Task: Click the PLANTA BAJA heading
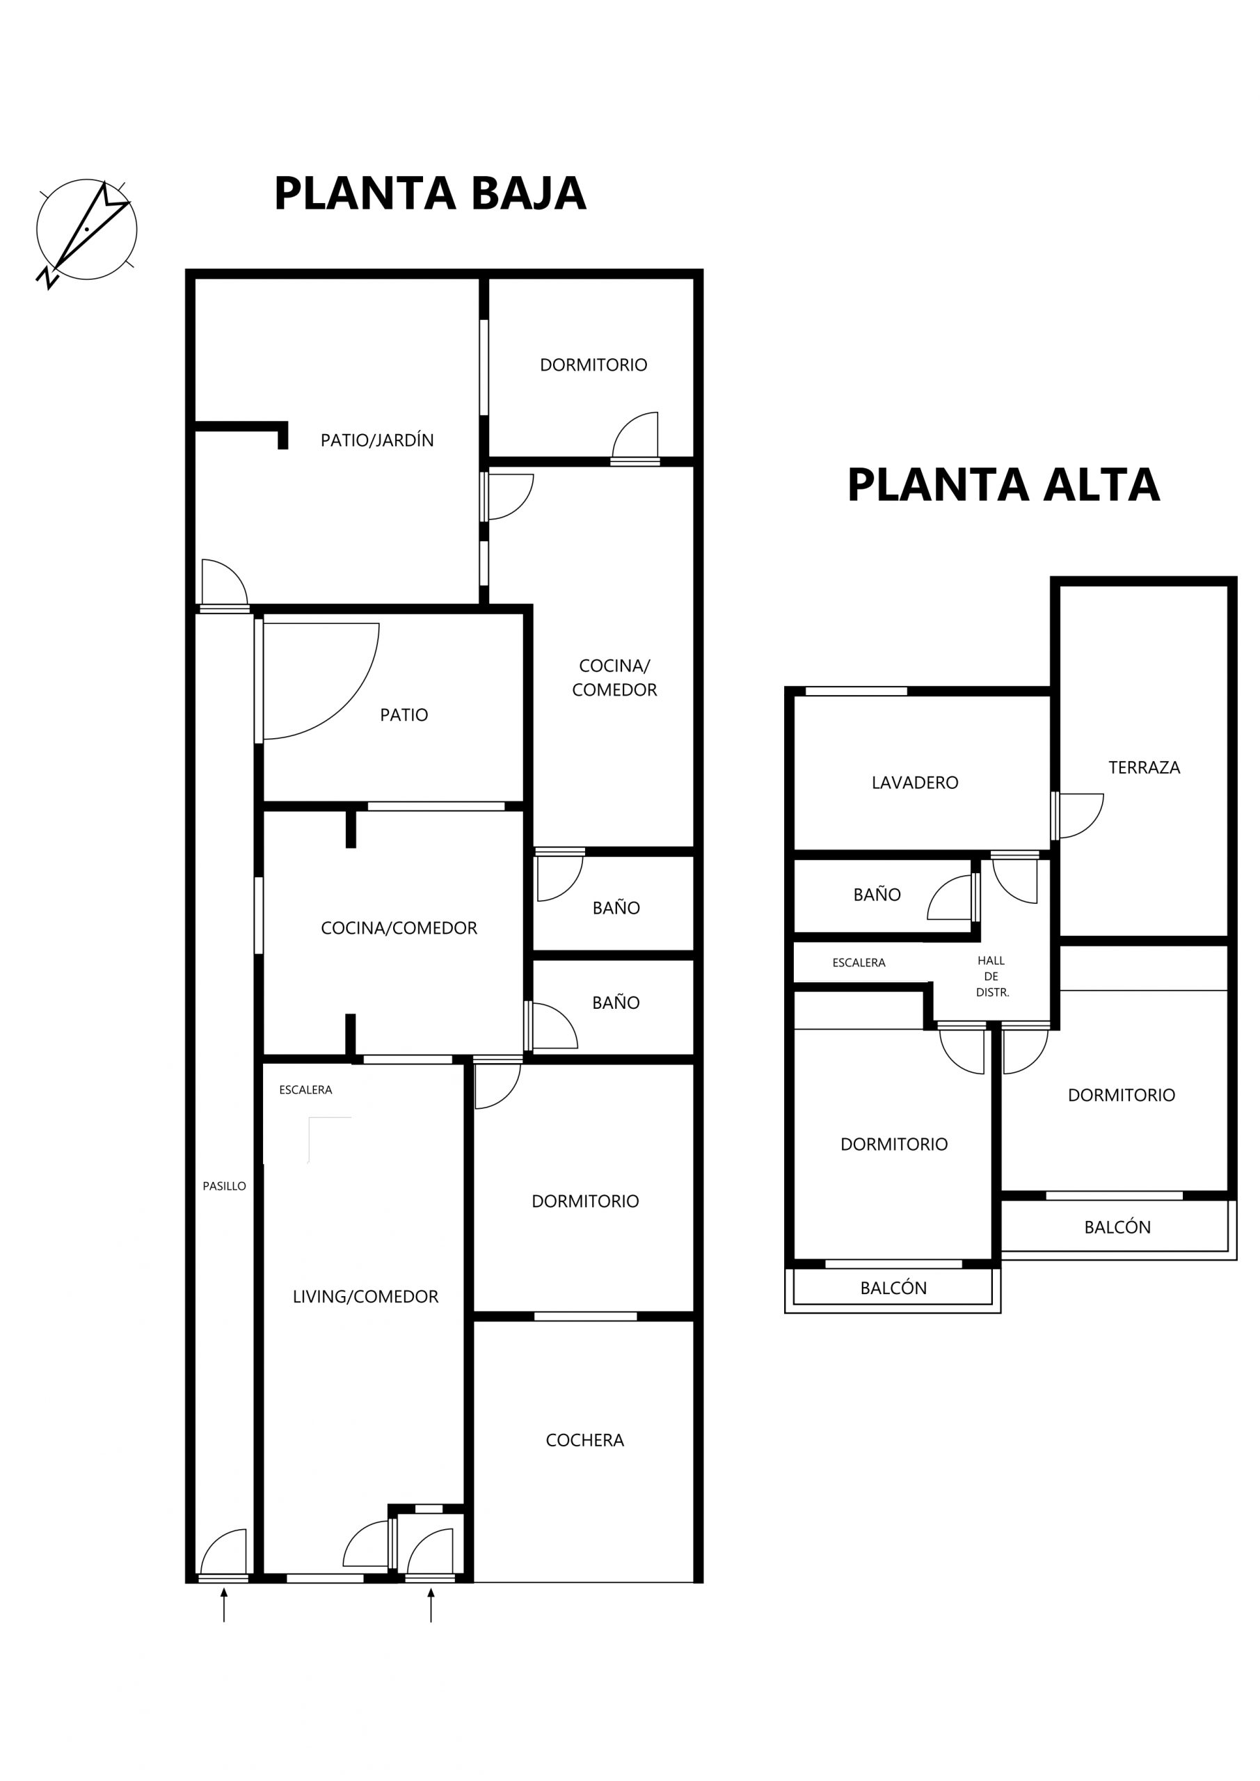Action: (430, 193)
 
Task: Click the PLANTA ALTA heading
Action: (1003, 485)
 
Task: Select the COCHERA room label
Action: (584, 1441)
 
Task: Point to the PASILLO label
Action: (224, 1186)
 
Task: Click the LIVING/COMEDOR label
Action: (365, 1297)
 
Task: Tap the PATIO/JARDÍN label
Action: (377, 440)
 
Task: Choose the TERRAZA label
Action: (1145, 767)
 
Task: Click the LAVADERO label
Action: (915, 783)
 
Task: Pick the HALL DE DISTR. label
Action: (992, 977)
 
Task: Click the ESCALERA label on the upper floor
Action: (859, 963)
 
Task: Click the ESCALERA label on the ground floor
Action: (305, 1090)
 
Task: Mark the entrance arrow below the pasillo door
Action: (224, 1605)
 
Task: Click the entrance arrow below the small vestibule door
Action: (431, 1605)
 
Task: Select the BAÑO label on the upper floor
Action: (877, 895)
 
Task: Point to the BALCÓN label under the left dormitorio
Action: (893, 1288)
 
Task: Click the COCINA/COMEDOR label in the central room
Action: (399, 928)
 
